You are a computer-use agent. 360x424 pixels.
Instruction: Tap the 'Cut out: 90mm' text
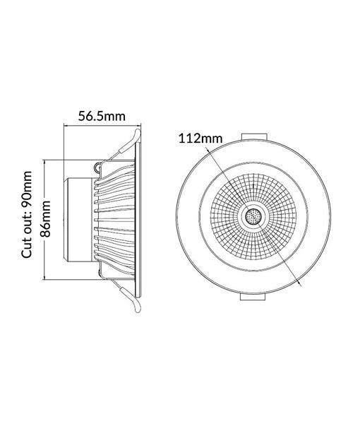28,215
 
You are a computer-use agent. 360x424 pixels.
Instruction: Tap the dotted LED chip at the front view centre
251,218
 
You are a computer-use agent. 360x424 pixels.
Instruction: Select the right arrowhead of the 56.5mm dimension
139,126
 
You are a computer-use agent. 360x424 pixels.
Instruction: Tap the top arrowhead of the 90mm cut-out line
45,163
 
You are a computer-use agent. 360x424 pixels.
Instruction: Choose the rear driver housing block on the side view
79,219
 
